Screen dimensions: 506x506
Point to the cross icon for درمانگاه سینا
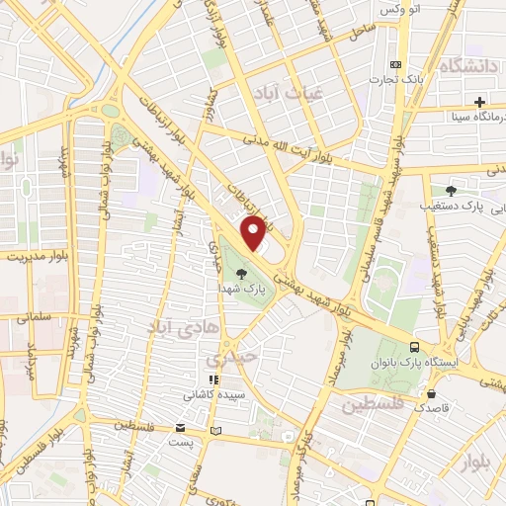click(x=479, y=101)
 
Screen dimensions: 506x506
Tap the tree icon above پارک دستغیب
click(x=451, y=191)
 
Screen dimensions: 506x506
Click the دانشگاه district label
click(x=470, y=66)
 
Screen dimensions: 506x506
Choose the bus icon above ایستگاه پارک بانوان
click(x=414, y=347)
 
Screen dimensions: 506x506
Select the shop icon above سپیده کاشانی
click(x=210, y=379)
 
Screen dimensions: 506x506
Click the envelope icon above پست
click(x=180, y=427)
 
